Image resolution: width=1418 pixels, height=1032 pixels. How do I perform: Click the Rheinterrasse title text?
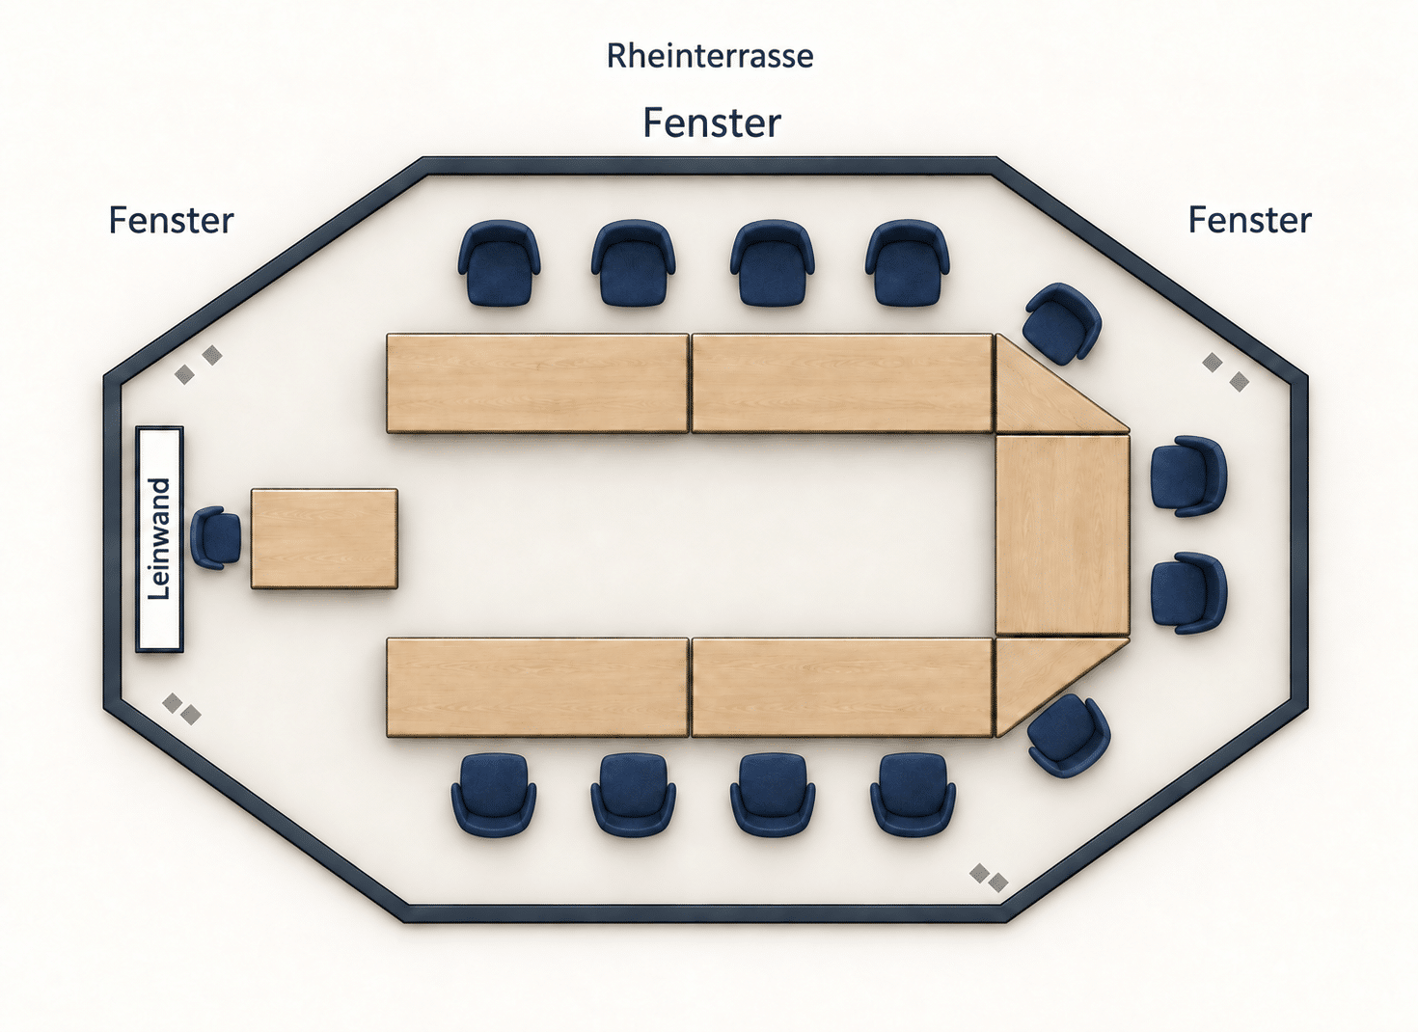pyautogui.click(x=710, y=56)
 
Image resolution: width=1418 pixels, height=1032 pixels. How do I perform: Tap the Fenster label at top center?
pyautogui.click(x=712, y=122)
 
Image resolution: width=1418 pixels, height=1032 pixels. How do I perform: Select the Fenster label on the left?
pyautogui.click(x=171, y=220)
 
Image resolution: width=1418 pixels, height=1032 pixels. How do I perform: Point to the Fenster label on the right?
pyautogui.click(x=1249, y=220)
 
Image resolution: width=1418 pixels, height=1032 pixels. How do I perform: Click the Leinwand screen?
pyautogui.click(x=159, y=539)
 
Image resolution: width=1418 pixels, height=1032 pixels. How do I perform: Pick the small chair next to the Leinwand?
pyautogui.click(x=216, y=538)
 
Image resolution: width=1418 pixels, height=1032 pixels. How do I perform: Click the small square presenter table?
pyautogui.click(x=324, y=539)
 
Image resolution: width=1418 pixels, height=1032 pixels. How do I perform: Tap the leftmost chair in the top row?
pyautogui.click(x=499, y=263)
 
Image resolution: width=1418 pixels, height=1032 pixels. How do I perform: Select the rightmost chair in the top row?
pyautogui.click(x=907, y=263)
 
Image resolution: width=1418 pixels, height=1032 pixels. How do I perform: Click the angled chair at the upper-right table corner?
pyautogui.click(x=1062, y=323)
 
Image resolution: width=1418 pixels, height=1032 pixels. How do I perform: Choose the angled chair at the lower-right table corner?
pyautogui.click(x=1068, y=736)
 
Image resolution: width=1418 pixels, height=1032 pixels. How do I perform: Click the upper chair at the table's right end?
pyautogui.click(x=1188, y=476)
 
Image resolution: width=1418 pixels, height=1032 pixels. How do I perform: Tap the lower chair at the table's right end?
pyautogui.click(x=1188, y=593)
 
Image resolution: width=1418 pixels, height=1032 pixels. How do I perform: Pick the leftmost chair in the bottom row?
pyautogui.click(x=494, y=795)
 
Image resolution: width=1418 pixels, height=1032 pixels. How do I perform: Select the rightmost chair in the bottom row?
pyautogui.click(x=913, y=795)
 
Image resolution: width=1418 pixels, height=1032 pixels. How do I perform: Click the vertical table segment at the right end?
pyautogui.click(x=1063, y=535)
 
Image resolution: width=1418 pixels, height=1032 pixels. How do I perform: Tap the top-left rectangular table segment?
pyautogui.click(x=537, y=384)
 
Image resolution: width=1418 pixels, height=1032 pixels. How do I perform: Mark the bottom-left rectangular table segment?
pyautogui.click(x=537, y=688)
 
